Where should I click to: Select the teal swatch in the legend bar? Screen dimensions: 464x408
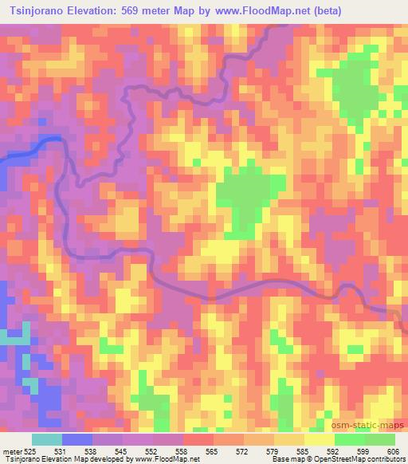point(46,439)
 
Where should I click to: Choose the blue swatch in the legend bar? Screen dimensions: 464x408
point(76,439)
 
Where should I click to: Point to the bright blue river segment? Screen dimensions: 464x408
point(32,147)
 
